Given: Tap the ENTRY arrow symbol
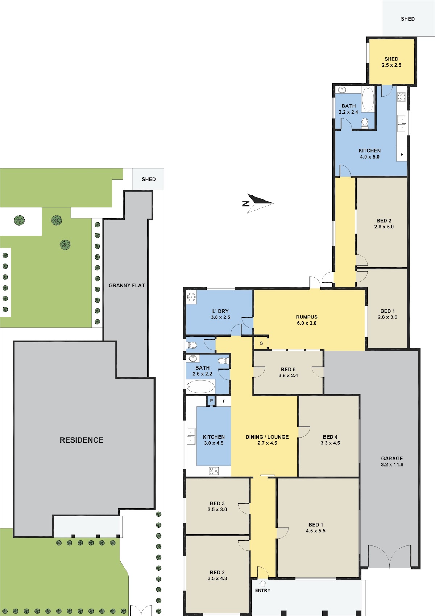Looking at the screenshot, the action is (x=263, y=583).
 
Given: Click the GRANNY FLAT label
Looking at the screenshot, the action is (x=127, y=286).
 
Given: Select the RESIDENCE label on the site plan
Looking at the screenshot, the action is (x=82, y=440).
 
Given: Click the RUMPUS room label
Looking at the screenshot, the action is (x=307, y=317).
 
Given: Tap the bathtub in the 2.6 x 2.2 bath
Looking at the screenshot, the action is (x=200, y=387).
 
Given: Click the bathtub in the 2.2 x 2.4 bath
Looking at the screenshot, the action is (x=368, y=99).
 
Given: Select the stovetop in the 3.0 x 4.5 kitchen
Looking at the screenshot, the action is (x=214, y=471).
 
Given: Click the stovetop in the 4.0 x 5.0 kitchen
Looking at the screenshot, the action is (x=401, y=97).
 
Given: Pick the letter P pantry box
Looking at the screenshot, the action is (x=211, y=401).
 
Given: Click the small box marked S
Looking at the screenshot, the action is (x=261, y=343).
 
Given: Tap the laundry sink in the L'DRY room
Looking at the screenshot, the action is (x=191, y=297).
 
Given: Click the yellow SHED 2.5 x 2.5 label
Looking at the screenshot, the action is (x=391, y=62).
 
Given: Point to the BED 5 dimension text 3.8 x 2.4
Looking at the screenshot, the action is (x=288, y=375).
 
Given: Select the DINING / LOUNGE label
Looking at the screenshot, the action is (x=267, y=437).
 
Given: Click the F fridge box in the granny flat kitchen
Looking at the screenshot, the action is (x=402, y=154).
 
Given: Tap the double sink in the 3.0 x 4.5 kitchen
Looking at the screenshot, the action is (x=191, y=436).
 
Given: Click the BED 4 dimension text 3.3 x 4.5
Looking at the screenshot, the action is (x=330, y=443).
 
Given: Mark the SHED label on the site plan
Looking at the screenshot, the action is (x=149, y=179).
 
